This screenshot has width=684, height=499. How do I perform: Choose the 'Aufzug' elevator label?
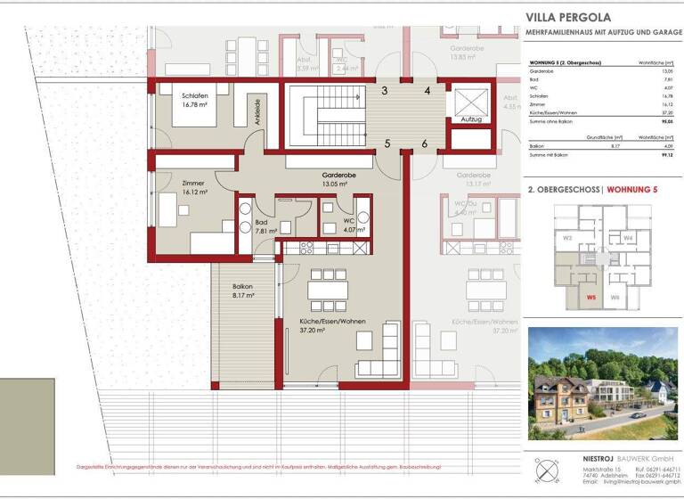point(472,119)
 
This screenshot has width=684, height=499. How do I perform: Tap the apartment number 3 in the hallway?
point(384,90)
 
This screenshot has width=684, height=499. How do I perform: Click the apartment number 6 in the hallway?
point(425,143)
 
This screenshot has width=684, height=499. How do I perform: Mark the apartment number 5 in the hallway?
point(387,143)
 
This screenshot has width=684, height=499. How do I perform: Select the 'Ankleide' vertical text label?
point(258,112)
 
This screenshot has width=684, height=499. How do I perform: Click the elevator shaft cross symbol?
point(471,96)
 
